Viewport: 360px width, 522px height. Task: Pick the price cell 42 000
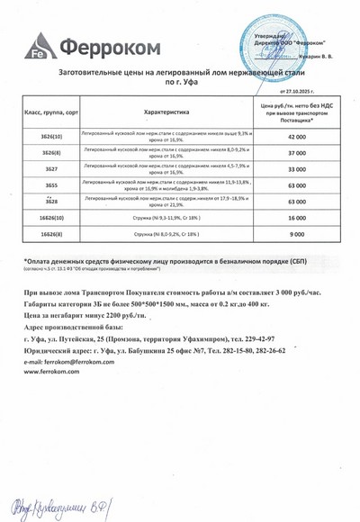pyautogui.click(x=297, y=137)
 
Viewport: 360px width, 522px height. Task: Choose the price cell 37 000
pyautogui.click(x=297, y=153)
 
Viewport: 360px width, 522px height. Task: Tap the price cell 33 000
pyautogui.click(x=297, y=169)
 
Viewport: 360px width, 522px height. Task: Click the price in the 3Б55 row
pyautogui.click(x=297, y=185)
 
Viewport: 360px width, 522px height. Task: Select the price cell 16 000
pyautogui.click(x=297, y=218)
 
